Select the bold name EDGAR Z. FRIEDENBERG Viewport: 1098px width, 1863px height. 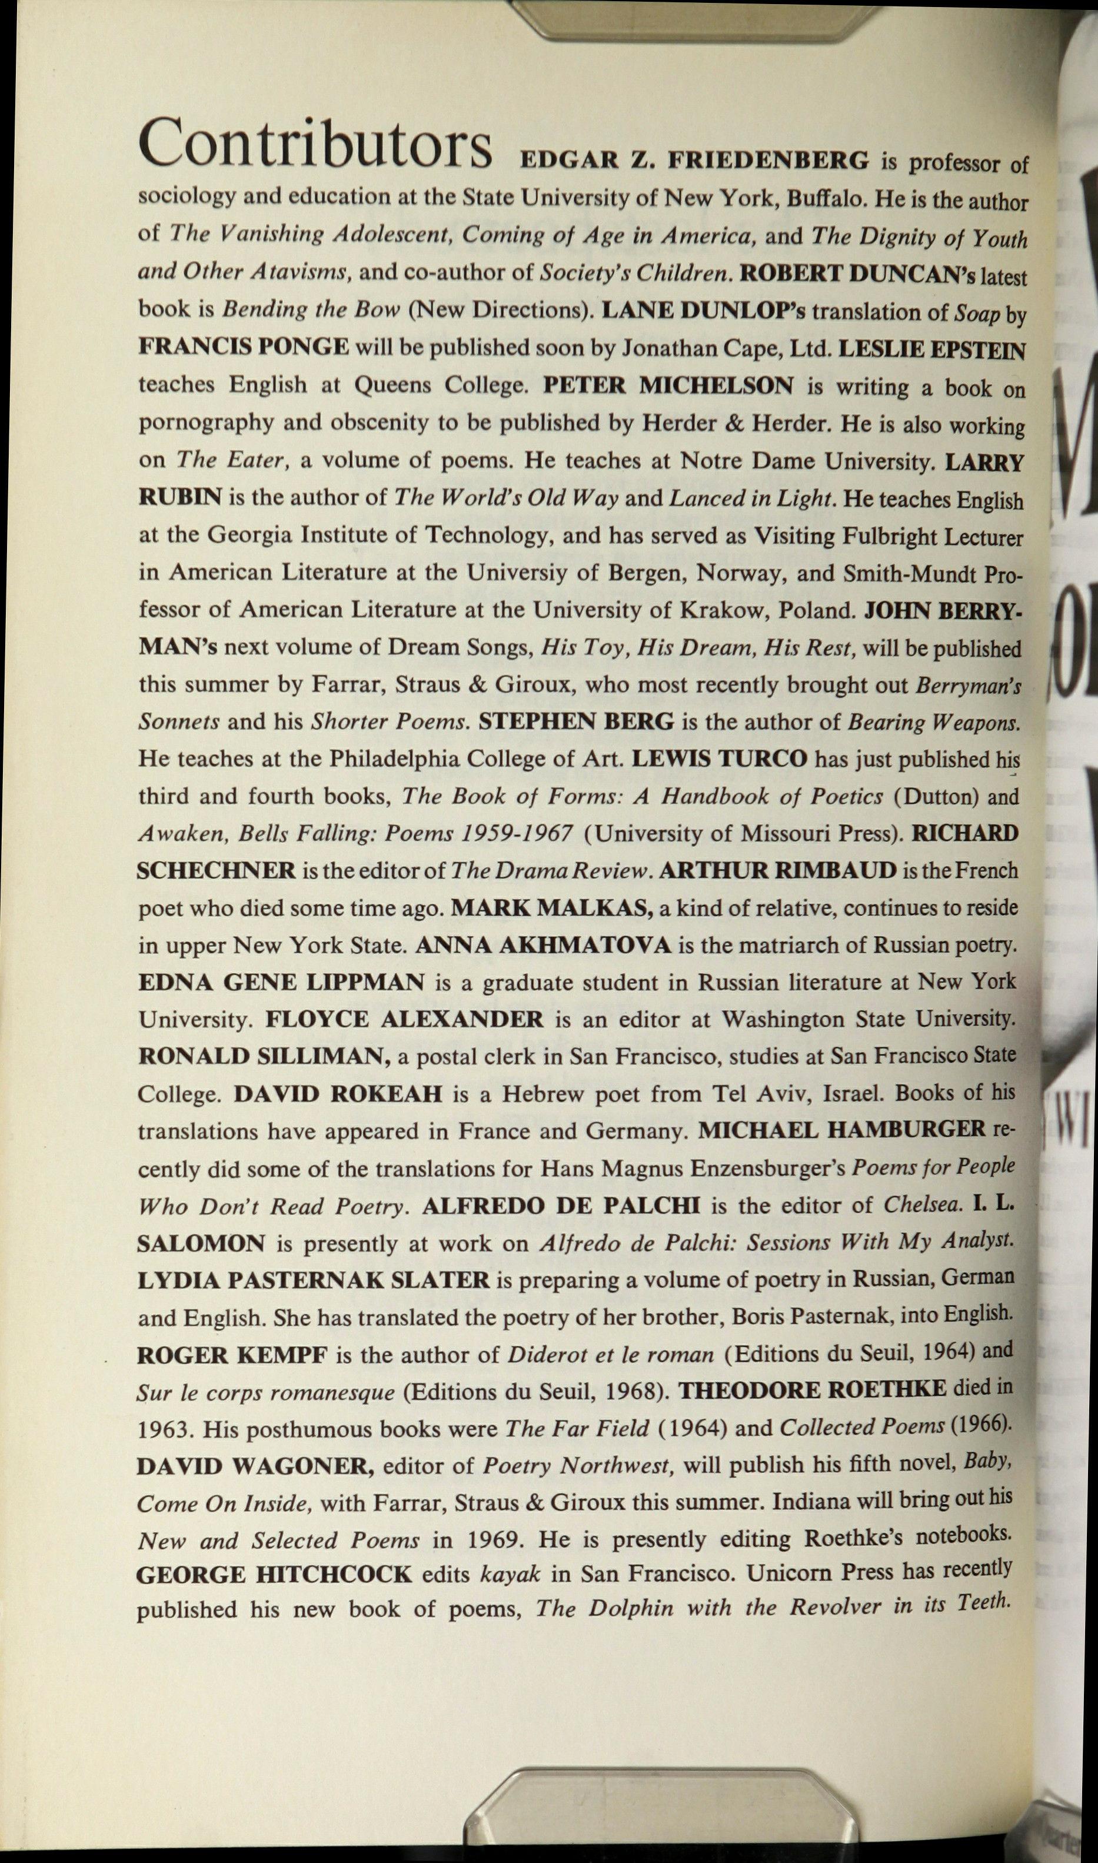(695, 160)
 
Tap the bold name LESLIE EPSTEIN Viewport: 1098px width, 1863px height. (931, 348)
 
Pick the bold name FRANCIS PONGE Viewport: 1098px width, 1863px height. (244, 346)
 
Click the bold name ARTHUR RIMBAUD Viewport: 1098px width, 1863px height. (777, 870)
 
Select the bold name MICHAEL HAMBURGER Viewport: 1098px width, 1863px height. (842, 1130)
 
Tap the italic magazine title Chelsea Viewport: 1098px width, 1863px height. (923, 1205)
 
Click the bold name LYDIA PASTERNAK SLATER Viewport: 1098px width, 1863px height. (314, 1280)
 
